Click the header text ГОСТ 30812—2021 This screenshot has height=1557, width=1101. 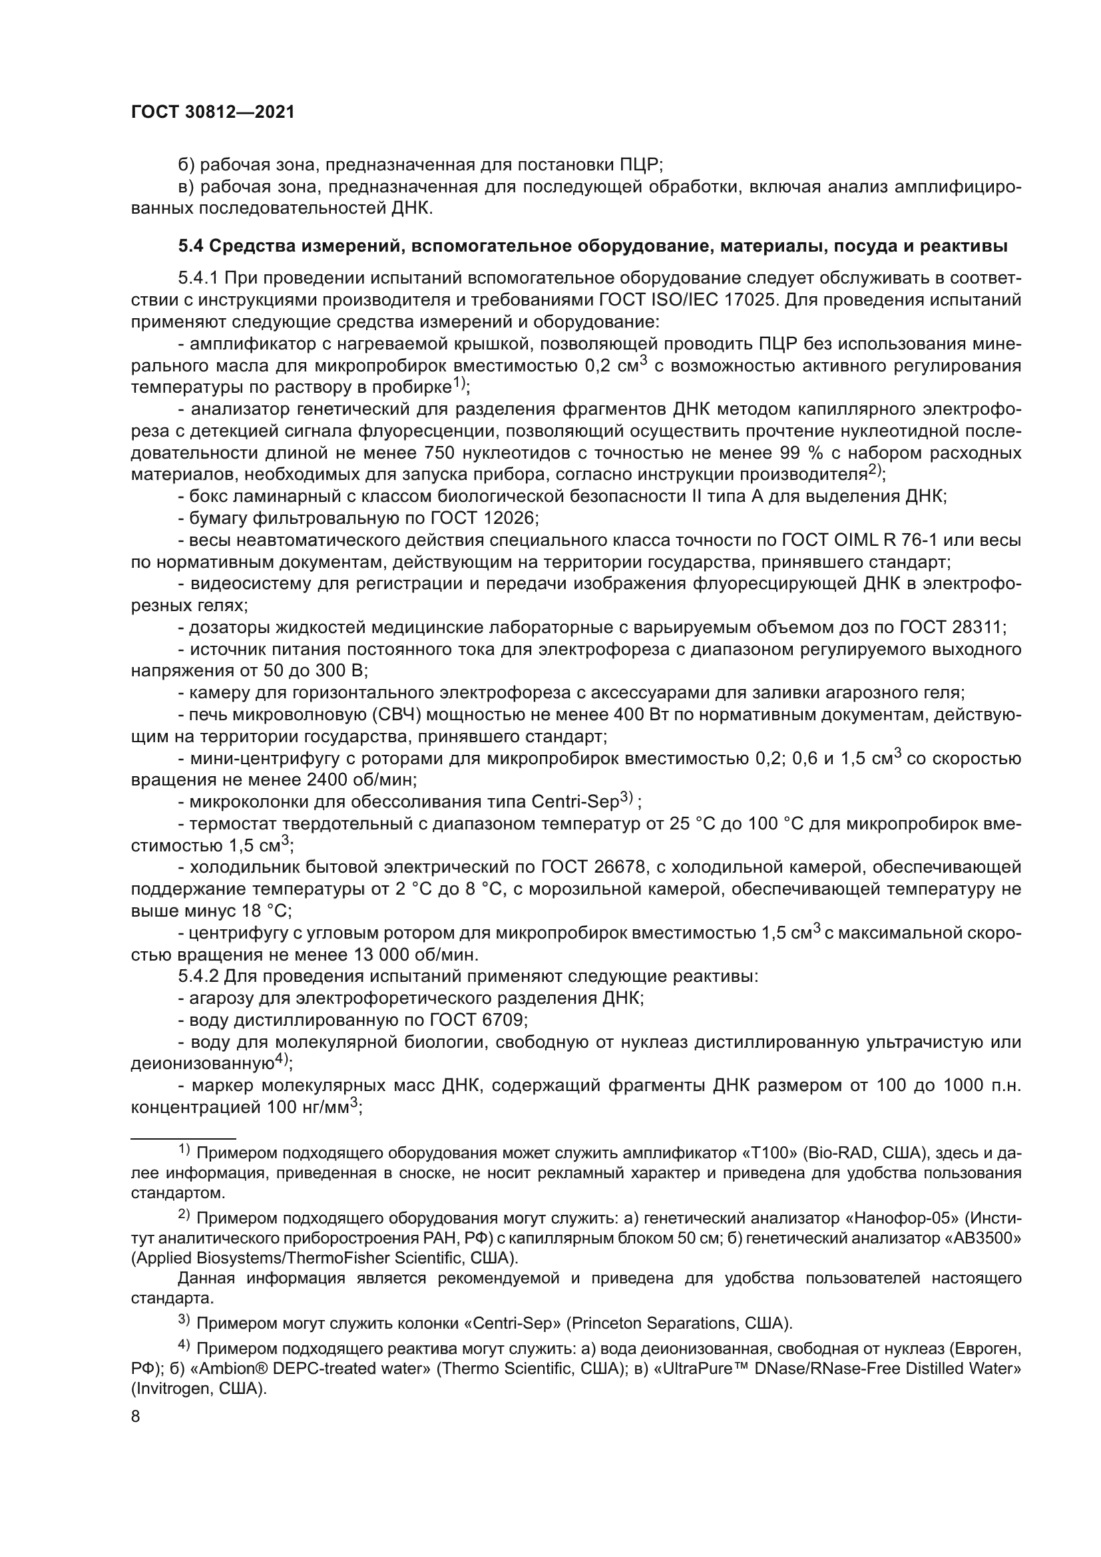212,112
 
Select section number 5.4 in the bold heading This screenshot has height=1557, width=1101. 191,246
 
